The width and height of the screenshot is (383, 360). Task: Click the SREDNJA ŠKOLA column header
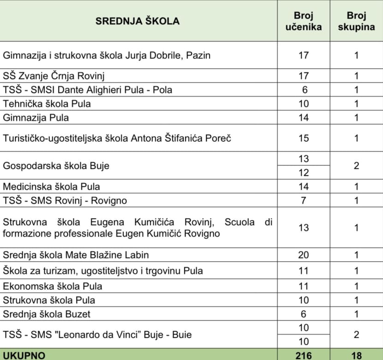tap(138, 21)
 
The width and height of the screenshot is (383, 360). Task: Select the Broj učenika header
tap(303, 21)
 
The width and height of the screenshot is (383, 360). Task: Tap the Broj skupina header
tap(356, 21)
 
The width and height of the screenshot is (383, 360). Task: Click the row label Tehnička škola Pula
tap(47, 103)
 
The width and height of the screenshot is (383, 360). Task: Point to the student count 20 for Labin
tap(303, 255)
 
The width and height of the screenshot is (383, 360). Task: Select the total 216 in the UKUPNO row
tap(303, 355)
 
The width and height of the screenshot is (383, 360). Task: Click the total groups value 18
tap(356, 355)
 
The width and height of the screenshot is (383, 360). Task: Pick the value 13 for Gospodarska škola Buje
tap(303, 159)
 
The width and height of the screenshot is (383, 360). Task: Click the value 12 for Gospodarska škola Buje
tap(303, 173)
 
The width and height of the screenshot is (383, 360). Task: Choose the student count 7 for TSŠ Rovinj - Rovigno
tap(303, 201)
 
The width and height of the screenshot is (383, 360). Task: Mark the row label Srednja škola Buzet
tap(47, 314)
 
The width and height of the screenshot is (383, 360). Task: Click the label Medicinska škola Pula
tap(51, 186)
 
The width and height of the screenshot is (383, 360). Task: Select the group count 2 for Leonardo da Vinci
tap(356, 334)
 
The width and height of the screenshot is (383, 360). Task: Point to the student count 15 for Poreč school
tap(303, 138)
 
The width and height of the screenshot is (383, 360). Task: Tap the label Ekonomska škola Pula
tap(53, 286)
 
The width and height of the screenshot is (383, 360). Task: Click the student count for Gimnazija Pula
tap(303, 117)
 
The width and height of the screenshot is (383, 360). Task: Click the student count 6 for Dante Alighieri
tap(303, 90)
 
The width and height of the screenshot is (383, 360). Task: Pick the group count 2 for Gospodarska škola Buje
tap(356, 165)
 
